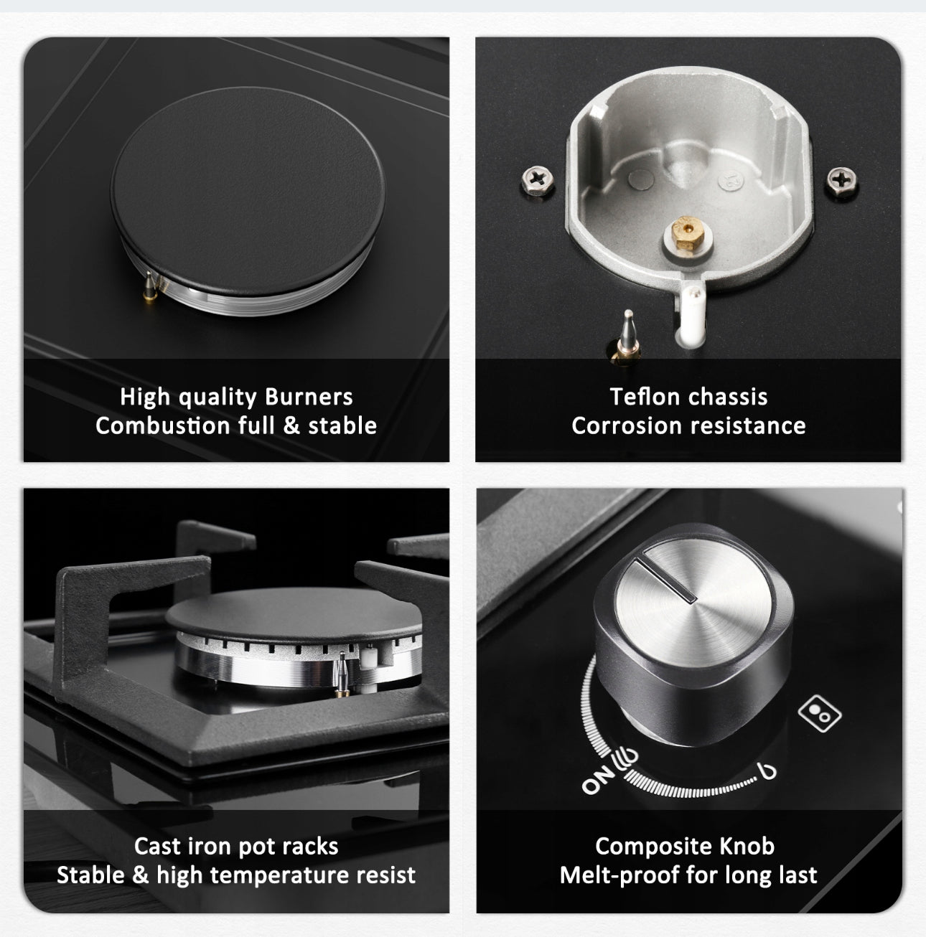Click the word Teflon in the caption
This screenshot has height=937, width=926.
642,397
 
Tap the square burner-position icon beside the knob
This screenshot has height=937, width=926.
820,712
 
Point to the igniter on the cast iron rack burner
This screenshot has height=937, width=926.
342,675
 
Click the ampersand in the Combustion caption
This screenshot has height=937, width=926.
291,425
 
